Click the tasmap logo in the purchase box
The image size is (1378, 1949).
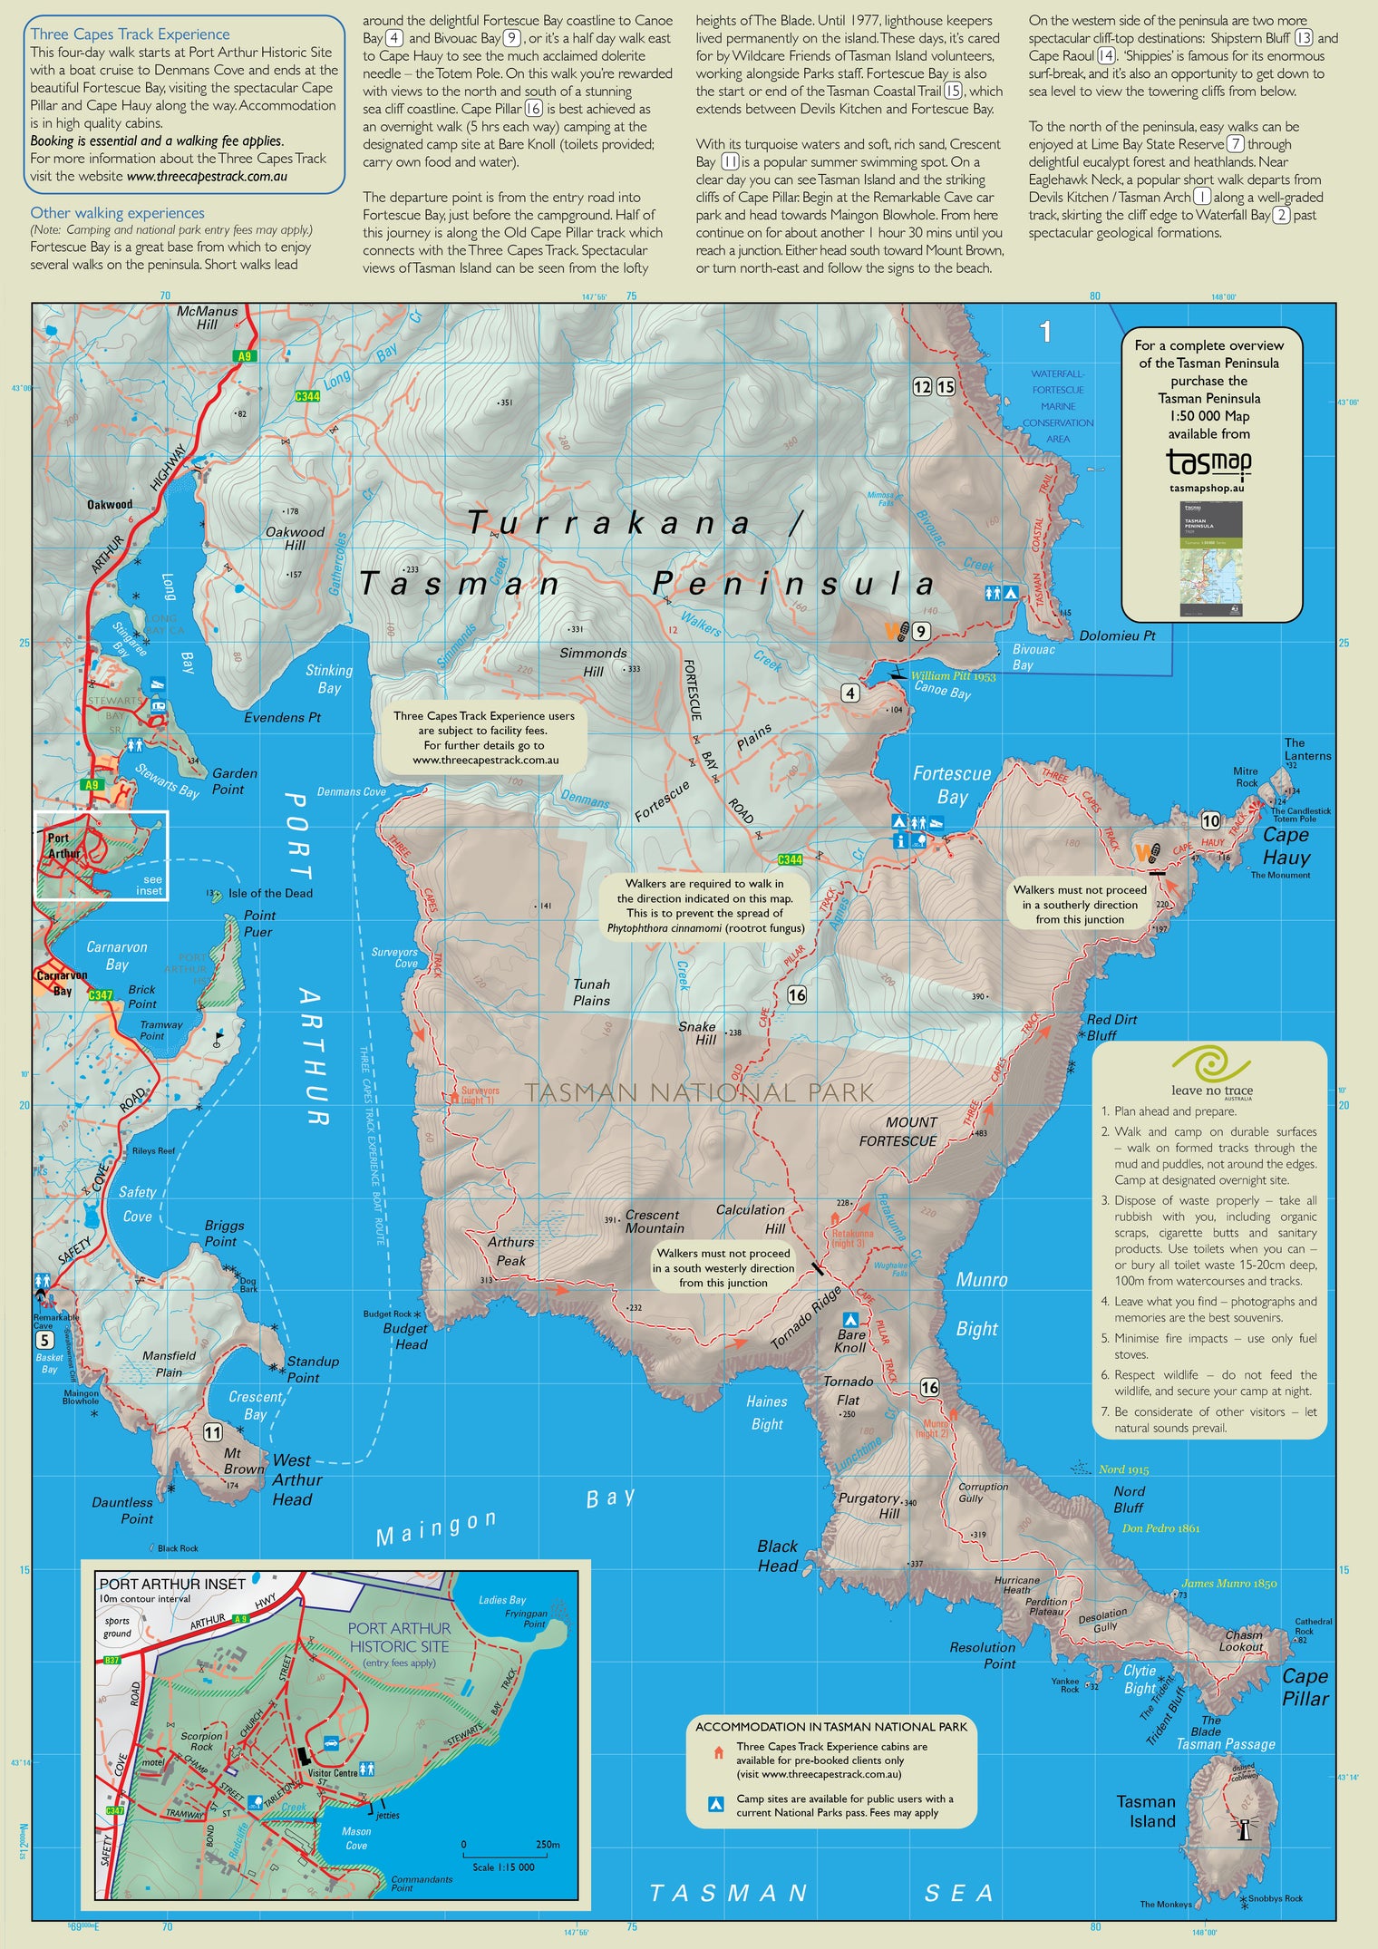click(x=1208, y=462)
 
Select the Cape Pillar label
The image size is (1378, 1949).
click(x=1305, y=1687)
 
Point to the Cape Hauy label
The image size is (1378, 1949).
click(x=1286, y=846)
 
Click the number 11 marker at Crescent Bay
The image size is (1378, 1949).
click(x=212, y=1432)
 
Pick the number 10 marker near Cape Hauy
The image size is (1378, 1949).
click(x=1210, y=820)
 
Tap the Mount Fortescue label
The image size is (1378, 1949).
click(x=898, y=1131)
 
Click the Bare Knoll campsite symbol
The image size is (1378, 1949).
click(x=850, y=1319)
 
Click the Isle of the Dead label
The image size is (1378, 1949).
click(x=269, y=893)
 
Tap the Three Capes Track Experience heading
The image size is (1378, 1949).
click(x=130, y=34)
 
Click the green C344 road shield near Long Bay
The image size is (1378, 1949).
click(x=307, y=396)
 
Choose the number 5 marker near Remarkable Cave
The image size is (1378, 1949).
click(x=44, y=1340)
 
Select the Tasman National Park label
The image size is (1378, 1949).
click(x=699, y=1092)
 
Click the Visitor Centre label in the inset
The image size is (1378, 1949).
click(x=332, y=1772)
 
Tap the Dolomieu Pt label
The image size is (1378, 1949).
click(x=1117, y=635)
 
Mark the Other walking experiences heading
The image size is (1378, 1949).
click(x=117, y=213)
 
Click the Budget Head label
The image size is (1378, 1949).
click(x=404, y=1336)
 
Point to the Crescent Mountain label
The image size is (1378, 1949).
click(x=654, y=1221)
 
